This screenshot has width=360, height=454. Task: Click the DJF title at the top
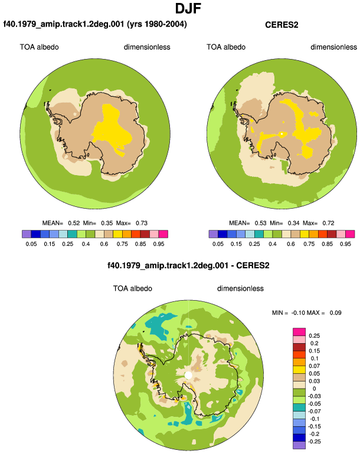(x=188, y=8)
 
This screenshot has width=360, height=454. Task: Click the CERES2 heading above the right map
(x=282, y=25)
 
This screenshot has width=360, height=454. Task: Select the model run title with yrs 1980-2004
(x=95, y=24)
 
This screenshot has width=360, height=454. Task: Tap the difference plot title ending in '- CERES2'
(x=188, y=265)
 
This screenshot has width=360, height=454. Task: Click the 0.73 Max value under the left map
(x=142, y=223)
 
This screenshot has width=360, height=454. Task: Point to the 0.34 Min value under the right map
(x=293, y=223)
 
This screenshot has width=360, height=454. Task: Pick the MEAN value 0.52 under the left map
(x=74, y=223)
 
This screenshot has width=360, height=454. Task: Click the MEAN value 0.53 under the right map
(x=261, y=223)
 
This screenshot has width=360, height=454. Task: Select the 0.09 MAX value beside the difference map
(x=335, y=313)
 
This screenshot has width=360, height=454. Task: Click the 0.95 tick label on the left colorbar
(x=159, y=244)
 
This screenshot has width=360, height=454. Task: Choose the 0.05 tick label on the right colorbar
(x=218, y=244)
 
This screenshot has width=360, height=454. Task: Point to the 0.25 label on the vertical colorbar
(x=314, y=336)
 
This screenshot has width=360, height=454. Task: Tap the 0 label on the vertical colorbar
(x=314, y=389)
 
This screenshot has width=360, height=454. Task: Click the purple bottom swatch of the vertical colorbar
(x=299, y=445)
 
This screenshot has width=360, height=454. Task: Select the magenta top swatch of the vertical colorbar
(x=299, y=332)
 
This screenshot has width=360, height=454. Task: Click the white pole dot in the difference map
(x=188, y=376)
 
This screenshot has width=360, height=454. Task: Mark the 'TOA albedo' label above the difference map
(x=132, y=289)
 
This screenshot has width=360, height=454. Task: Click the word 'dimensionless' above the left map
(x=147, y=47)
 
